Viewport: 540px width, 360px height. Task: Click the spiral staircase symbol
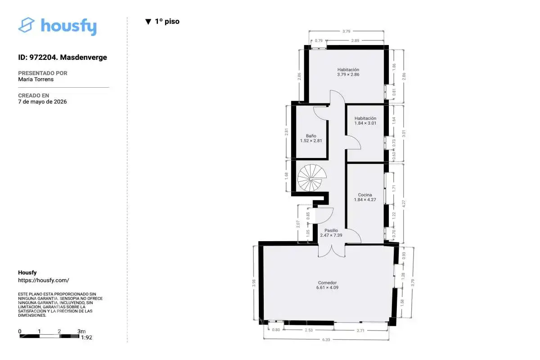click(x=312, y=178)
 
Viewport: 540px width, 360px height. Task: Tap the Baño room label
click(x=311, y=138)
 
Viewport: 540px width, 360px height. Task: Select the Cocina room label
click(x=365, y=197)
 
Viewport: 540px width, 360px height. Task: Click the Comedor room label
click(x=327, y=285)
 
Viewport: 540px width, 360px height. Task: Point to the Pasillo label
click(x=331, y=233)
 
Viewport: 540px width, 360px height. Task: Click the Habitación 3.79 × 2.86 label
click(x=348, y=72)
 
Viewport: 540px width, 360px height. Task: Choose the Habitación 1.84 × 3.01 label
click(x=365, y=121)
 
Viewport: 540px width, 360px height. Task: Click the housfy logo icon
click(x=26, y=25)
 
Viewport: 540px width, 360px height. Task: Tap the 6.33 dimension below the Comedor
click(x=326, y=340)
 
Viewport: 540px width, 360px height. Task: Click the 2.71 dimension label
click(x=360, y=331)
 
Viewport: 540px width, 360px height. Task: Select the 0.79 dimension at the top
click(x=319, y=40)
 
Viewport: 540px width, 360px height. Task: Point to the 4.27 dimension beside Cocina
click(x=404, y=204)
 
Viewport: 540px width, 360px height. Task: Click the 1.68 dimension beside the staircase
click(x=286, y=176)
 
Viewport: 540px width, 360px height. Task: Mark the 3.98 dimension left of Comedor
click(x=254, y=283)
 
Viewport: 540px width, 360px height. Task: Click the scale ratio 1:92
click(x=86, y=337)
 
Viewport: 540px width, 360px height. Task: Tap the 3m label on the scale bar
click(x=81, y=331)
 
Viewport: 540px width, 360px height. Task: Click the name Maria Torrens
click(x=36, y=79)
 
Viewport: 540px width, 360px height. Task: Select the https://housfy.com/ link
click(x=44, y=280)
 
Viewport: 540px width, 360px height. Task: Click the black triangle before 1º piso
click(x=148, y=22)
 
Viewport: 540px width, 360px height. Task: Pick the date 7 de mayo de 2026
click(x=42, y=102)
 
